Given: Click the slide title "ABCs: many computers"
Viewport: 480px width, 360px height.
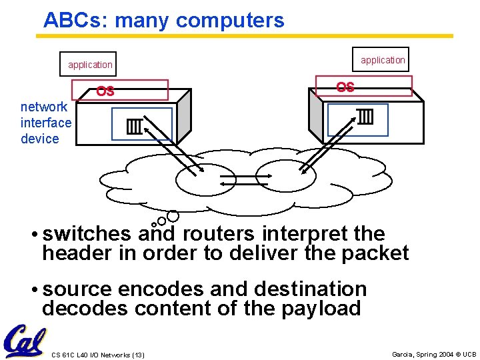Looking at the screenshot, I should (163, 20).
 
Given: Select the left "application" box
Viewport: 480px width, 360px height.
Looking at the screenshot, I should (89, 65).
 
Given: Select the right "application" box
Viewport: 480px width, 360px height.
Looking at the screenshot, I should (383, 60).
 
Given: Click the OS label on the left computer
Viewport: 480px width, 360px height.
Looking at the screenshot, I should (105, 91).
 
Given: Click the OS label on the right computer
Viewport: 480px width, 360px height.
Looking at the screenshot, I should (345, 87).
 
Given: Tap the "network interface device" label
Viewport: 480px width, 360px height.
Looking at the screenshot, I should (45, 123).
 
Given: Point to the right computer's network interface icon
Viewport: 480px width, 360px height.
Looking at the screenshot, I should (365, 117).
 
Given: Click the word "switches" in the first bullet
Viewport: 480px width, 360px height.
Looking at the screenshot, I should (87, 234).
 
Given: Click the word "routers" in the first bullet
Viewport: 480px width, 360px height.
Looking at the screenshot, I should (219, 234).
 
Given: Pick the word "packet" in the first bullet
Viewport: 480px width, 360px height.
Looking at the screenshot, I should (375, 253).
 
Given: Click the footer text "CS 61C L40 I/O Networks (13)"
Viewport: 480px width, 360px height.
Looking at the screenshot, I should (97, 354).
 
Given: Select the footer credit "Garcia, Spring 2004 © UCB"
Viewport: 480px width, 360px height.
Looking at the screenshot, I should (434, 354).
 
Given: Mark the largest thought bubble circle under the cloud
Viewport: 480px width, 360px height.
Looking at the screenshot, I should (173, 216).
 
